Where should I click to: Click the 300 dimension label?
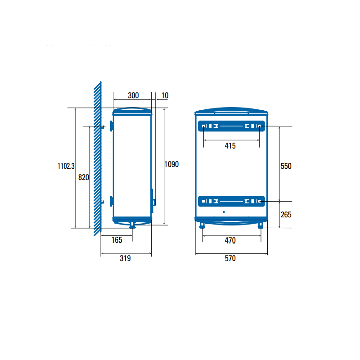coord(133,95)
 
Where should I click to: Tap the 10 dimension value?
coord(165,95)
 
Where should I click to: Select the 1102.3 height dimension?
coord(66,166)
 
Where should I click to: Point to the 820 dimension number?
coord(84,177)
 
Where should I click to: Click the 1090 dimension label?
coord(171,164)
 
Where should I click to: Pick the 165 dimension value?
coord(117,240)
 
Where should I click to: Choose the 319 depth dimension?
coord(125,258)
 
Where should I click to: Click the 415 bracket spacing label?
coord(230,146)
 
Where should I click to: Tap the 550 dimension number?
coord(286,166)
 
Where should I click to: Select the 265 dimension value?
coord(286,215)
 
